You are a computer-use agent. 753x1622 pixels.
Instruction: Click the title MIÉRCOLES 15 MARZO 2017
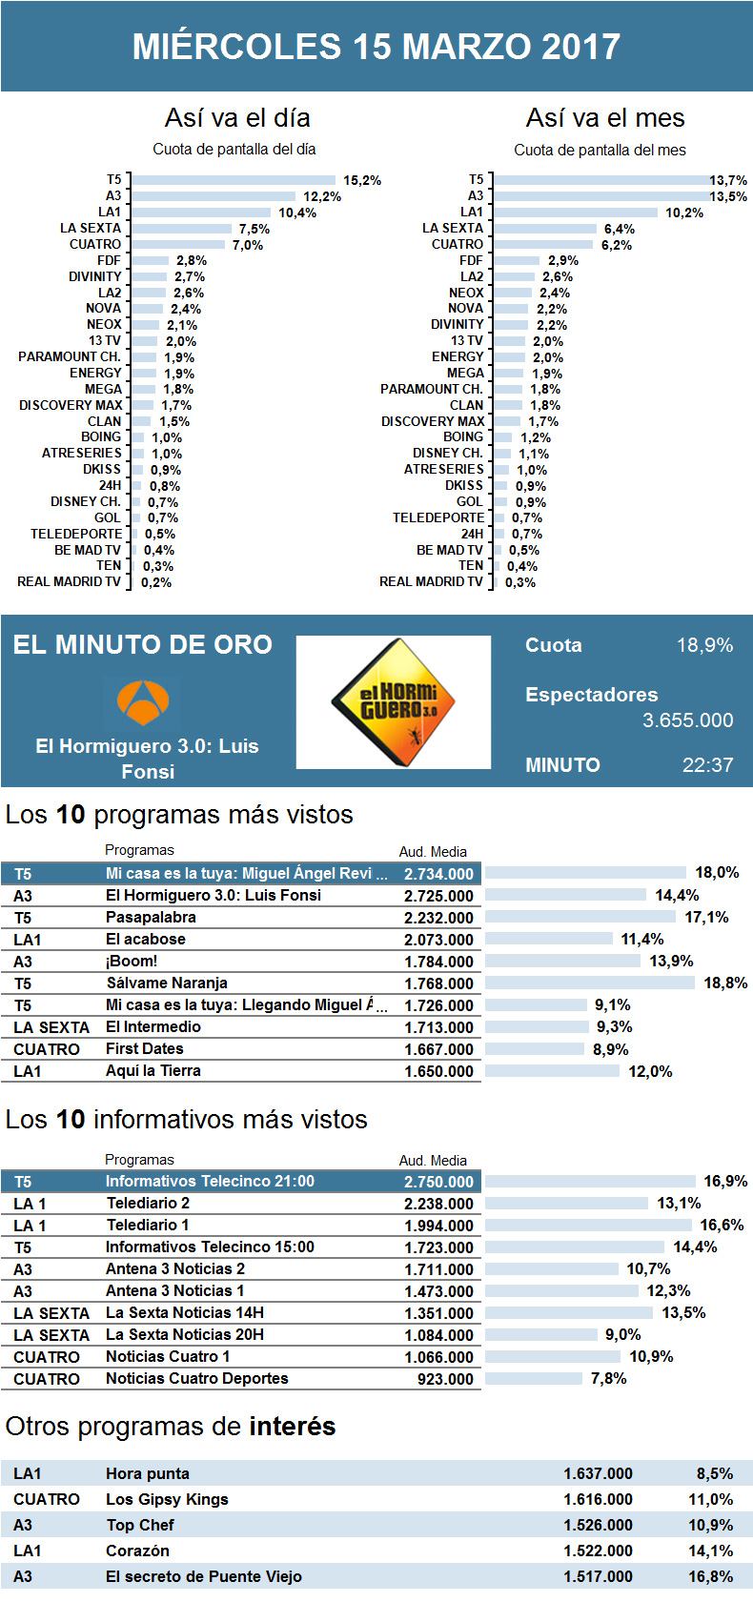[x=376, y=46]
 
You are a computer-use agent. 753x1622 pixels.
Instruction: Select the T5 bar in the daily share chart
[x=234, y=180]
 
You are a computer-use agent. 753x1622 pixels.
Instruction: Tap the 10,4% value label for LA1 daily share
[x=297, y=213]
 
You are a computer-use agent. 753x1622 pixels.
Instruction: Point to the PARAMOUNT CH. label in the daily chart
[x=70, y=356]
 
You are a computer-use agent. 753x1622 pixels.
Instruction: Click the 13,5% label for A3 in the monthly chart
[x=728, y=196]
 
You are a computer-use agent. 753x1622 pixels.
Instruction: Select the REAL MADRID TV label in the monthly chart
[x=431, y=581]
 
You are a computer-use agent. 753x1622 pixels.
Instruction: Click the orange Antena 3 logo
[x=143, y=701]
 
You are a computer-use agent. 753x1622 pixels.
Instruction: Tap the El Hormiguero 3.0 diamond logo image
[x=394, y=702]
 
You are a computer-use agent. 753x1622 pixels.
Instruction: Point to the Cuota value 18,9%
[x=704, y=645]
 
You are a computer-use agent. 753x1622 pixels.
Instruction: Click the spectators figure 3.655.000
[x=687, y=720]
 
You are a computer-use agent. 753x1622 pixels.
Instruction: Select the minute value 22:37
[x=707, y=765]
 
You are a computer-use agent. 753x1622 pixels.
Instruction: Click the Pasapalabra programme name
[x=151, y=917]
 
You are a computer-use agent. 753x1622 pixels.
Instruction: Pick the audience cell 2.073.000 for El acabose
[x=438, y=940]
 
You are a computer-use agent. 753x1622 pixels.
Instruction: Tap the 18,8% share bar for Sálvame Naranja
[x=590, y=983]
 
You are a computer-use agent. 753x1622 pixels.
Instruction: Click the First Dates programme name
[x=144, y=1048]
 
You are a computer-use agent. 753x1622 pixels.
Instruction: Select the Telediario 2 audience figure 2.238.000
[x=438, y=1204]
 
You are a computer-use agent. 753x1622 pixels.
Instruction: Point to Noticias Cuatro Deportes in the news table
[x=196, y=1378]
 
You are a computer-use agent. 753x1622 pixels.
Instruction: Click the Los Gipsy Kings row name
[x=167, y=1499]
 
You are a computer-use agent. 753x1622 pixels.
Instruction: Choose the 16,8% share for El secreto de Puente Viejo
[x=710, y=1576]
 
